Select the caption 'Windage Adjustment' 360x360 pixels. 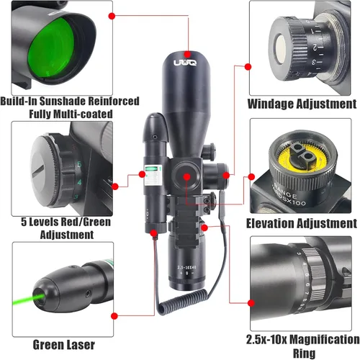(x=302, y=103)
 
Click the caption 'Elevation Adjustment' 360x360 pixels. (x=302, y=223)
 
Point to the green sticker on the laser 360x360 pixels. (x=152, y=167)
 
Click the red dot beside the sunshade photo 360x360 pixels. (x=110, y=13)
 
